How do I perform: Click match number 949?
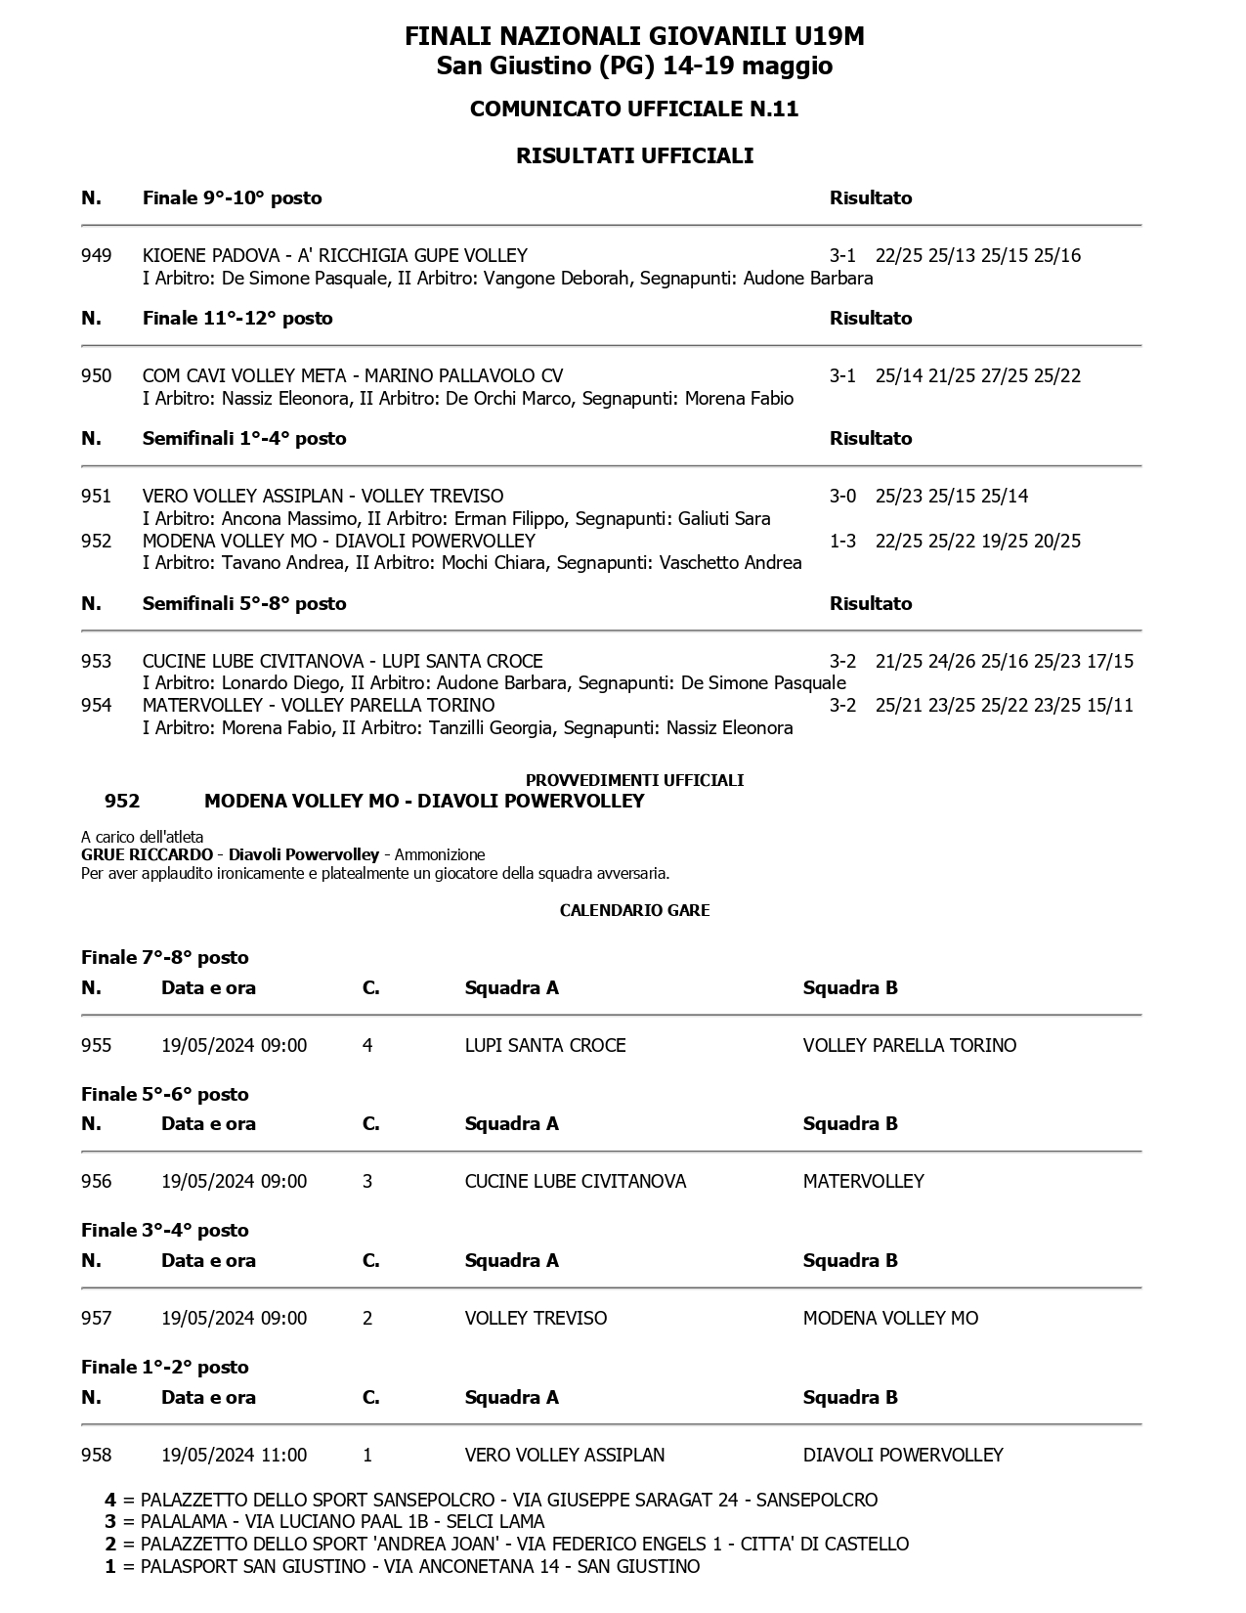tap(96, 256)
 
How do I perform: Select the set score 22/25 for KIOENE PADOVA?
tap(898, 256)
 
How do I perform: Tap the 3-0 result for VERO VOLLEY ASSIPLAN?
tap(842, 497)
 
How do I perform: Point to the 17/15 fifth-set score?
tap(1110, 662)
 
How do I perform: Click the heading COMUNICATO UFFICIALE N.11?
tap(634, 109)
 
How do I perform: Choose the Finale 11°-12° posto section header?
tap(237, 319)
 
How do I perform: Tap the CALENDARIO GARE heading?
tap(634, 910)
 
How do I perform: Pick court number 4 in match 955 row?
tap(367, 1046)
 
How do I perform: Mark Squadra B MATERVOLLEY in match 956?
tap(863, 1182)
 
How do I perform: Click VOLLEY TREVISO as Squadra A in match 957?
tap(536, 1319)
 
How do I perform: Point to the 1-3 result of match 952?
tap(842, 542)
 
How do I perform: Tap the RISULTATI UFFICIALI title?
tap(634, 156)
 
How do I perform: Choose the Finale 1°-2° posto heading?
tap(165, 1368)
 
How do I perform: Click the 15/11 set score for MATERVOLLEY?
tap(1110, 706)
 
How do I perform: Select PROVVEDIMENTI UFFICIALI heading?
tap(634, 780)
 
